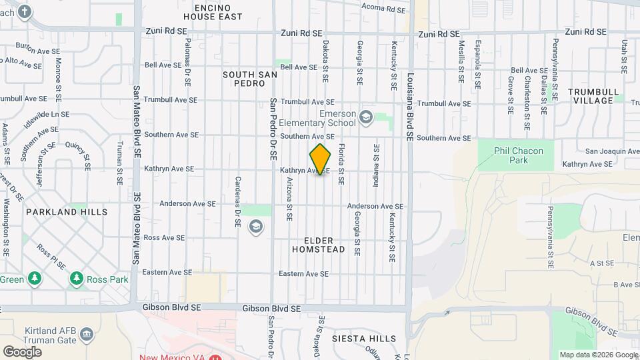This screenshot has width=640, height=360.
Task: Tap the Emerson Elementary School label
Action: click(x=337, y=118)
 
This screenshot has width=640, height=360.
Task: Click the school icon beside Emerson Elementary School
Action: click(x=365, y=118)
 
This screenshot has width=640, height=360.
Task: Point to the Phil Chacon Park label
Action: click(x=519, y=155)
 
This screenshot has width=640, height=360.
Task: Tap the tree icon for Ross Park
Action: click(x=77, y=278)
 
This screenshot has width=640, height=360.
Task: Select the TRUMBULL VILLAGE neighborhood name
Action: click(x=593, y=96)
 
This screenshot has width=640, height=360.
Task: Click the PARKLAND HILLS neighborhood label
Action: click(x=67, y=212)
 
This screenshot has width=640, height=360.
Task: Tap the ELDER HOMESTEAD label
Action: click(x=319, y=245)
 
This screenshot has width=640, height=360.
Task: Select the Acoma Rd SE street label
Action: click(x=384, y=9)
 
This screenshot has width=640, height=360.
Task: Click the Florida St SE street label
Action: click(x=341, y=164)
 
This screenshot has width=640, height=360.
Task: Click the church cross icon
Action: click(x=25, y=11)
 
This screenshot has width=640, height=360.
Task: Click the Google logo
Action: click(x=22, y=352)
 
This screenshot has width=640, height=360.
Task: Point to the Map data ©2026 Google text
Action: click(x=598, y=355)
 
